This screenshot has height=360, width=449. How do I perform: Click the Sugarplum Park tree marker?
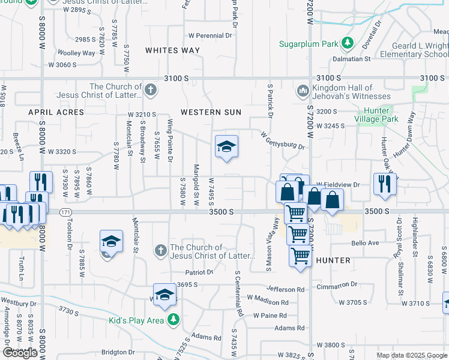pyautogui.click(x=347, y=44)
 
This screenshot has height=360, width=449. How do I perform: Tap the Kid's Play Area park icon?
pyautogui.click(x=173, y=320)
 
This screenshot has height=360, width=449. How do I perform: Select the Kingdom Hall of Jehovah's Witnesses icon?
pyautogui.click(x=302, y=92)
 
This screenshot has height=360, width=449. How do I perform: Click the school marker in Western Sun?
pyautogui.click(x=226, y=147)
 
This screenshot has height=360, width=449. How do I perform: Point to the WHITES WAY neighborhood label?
pyautogui.click(x=173, y=50)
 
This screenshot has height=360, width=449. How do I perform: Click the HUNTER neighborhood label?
pyautogui.click(x=333, y=260)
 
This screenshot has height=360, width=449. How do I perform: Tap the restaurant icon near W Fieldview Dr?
pyautogui.click(x=384, y=184)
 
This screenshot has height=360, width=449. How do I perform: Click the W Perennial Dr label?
pyautogui.click(x=210, y=36)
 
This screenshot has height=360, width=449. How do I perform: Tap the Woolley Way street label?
pyautogui.click(x=76, y=53)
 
